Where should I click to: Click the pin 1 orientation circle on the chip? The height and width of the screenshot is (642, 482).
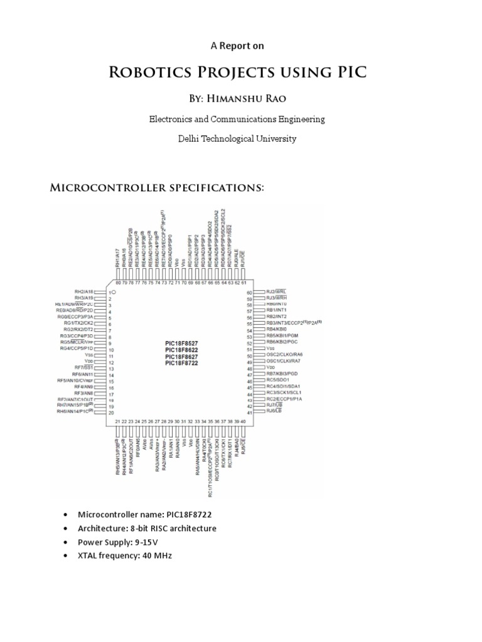[x=114, y=292]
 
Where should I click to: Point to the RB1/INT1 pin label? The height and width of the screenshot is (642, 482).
[x=276, y=310]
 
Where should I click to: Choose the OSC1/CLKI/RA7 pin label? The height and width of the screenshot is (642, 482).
[x=284, y=361]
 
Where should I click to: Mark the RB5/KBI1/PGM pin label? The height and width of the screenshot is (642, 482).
[x=282, y=335]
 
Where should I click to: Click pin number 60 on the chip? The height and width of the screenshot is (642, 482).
[x=249, y=292]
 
